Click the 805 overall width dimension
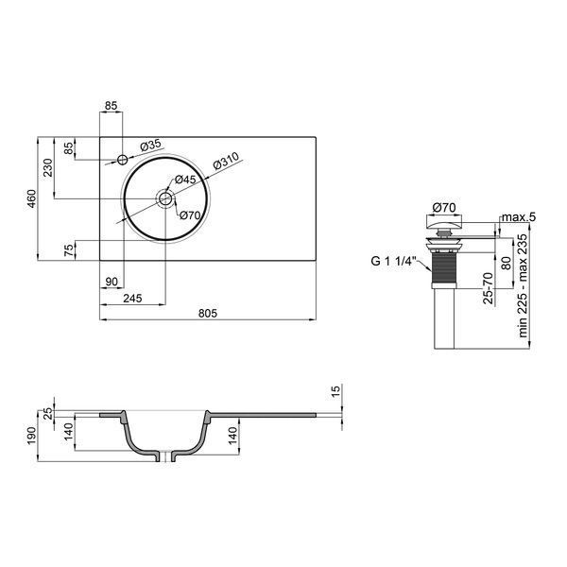[208, 313]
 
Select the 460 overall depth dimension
[32, 198]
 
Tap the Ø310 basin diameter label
[227, 162]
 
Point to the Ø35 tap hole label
[150, 146]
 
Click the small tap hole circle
[123, 159]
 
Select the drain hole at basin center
[165, 198]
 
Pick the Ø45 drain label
[185, 180]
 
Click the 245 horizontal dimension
[132, 299]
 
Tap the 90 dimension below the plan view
[112, 282]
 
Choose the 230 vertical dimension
[48, 168]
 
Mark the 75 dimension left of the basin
[69, 250]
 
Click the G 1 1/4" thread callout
[394, 261]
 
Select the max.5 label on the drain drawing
[519, 217]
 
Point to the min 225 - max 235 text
[523, 285]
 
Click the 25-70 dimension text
[488, 288]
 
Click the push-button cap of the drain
[444, 221]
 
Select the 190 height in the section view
[32, 436]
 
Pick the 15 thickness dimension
[335, 390]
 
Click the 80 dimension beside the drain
[507, 263]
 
